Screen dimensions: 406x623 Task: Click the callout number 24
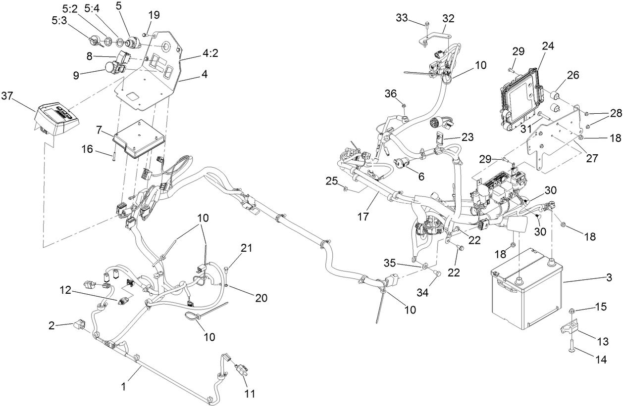[548, 47]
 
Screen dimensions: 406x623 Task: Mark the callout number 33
[403, 18]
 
